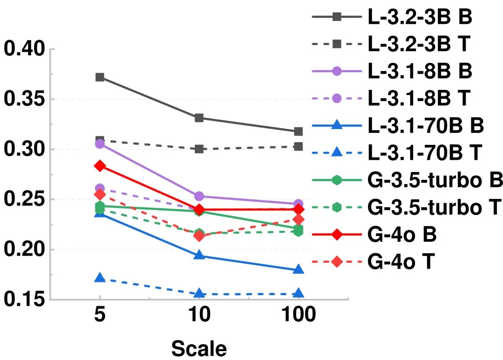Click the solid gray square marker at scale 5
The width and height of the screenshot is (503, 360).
pyautogui.click(x=100, y=77)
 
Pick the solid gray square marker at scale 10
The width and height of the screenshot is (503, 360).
pyautogui.click(x=199, y=118)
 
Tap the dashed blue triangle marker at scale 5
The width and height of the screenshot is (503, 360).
pyautogui.click(x=100, y=278)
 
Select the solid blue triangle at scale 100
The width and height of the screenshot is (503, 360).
pyautogui.click(x=298, y=270)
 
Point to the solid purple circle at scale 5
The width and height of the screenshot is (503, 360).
pyautogui.click(x=100, y=144)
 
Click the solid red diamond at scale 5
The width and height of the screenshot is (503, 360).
pyautogui.click(x=100, y=165)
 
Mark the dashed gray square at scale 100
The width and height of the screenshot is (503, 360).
pyautogui.click(x=298, y=146)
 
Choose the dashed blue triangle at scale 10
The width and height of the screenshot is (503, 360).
pyautogui.click(x=199, y=293)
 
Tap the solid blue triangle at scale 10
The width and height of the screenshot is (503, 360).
pyautogui.click(x=199, y=255)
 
